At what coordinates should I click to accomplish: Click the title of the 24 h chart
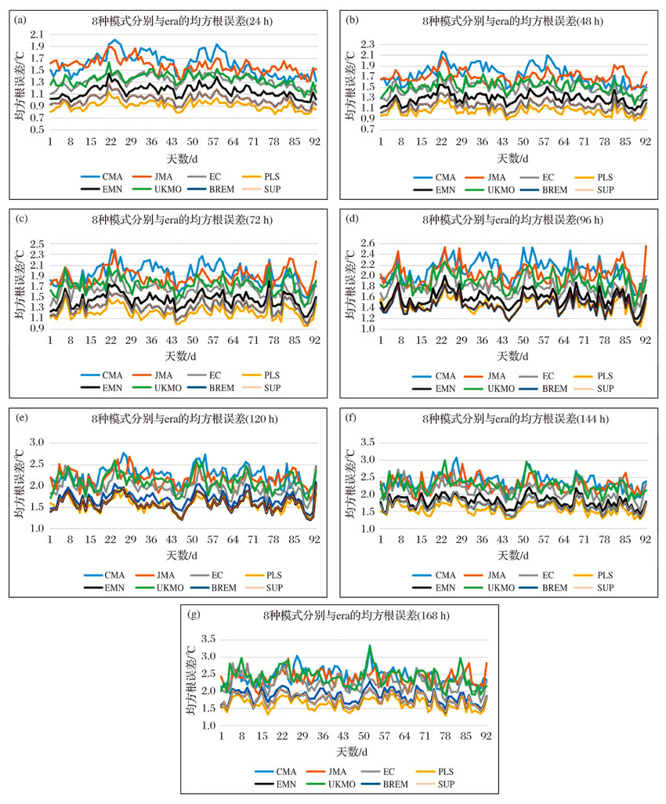[x=182, y=21]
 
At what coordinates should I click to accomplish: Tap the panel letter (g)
[x=194, y=614]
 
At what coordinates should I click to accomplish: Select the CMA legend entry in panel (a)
[x=102, y=177]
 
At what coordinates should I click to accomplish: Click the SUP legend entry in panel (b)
[x=594, y=190]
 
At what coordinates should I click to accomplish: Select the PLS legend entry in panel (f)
[x=594, y=575]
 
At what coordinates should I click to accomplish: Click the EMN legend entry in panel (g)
[x=275, y=784]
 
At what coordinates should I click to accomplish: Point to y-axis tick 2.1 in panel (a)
[x=37, y=34]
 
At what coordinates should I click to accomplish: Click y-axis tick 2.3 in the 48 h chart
[x=367, y=44]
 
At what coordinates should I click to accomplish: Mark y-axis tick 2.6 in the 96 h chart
[x=367, y=243]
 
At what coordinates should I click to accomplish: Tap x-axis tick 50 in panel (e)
[x=192, y=539]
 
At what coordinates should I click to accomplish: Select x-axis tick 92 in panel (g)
[x=486, y=736]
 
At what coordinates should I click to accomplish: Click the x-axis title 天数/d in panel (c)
[x=181, y=356]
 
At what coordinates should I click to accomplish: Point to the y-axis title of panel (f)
[x=350, y=483]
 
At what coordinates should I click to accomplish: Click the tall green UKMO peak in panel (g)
[x=370, y=646]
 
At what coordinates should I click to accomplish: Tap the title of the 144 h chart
[x=516, y=419]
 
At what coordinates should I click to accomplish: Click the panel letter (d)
[x=353, y=219]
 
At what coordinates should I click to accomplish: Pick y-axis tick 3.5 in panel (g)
[x=208, y=639]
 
